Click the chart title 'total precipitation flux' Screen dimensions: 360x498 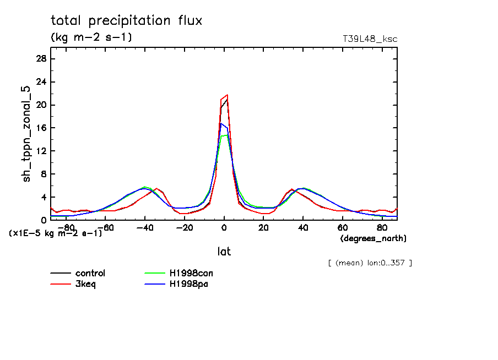point(127,21)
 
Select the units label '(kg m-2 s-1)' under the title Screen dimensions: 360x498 point(91,37)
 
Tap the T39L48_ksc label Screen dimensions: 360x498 point(370,39)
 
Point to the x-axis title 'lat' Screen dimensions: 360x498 point(224,252)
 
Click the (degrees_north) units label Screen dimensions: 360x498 point(373,238)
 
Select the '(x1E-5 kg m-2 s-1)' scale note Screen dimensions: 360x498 point(56,233)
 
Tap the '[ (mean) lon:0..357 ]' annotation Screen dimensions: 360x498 point(370,263)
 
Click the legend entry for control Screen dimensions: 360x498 point(90,273)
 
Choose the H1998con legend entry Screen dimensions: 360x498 point(191,273)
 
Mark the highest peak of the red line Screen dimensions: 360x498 point(227,95)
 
